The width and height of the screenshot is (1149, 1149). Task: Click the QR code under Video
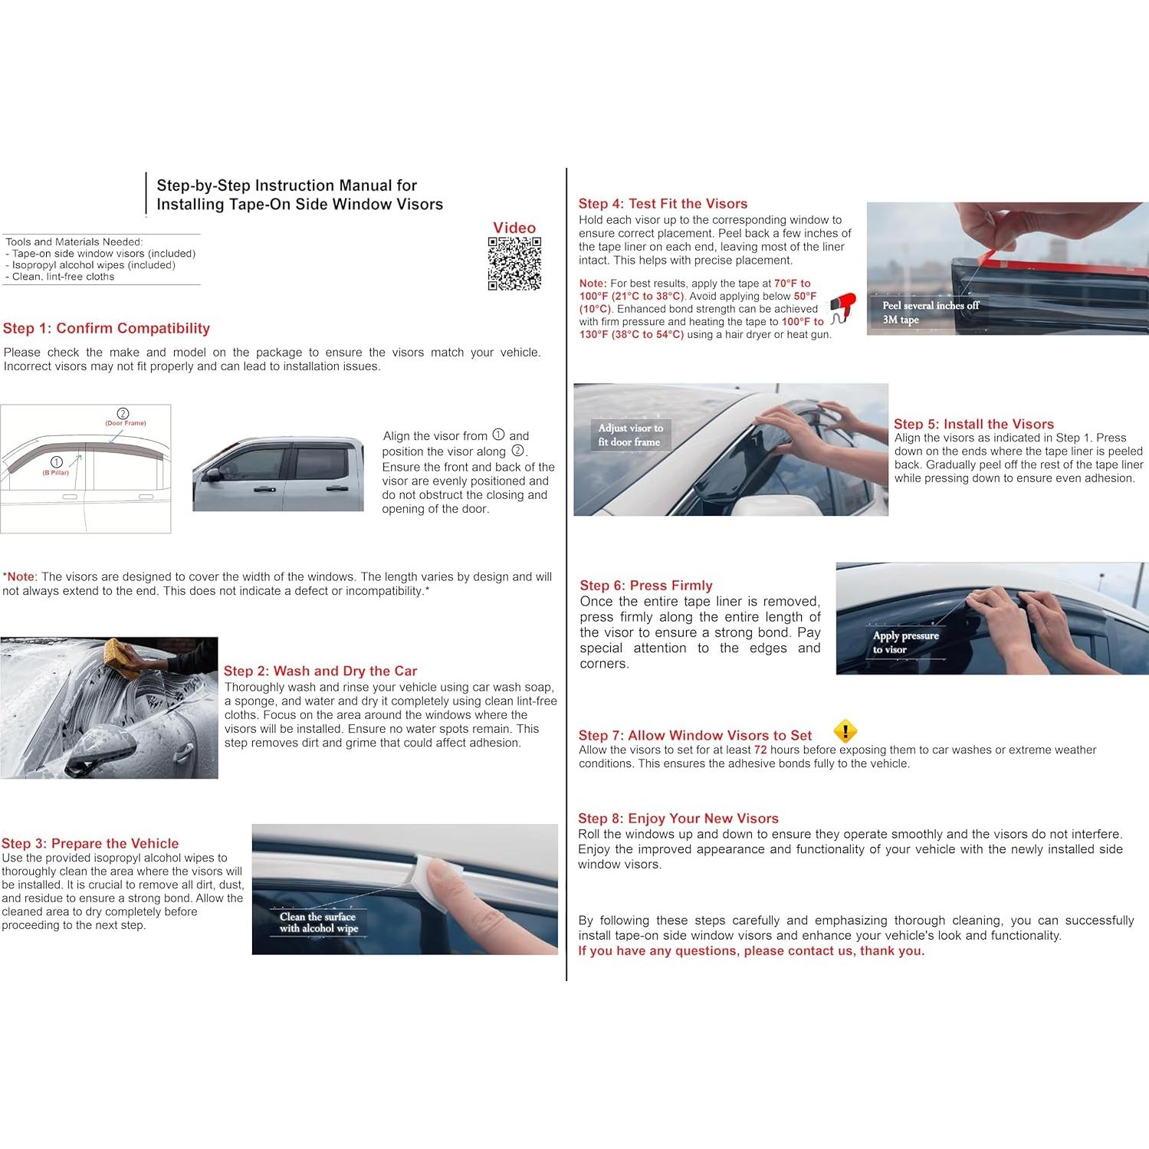click(514, 264)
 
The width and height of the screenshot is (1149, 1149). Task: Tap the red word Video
click(514, 228)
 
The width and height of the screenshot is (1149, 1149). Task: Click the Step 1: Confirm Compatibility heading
click(107, 328)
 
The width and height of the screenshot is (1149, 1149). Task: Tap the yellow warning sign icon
click(845, 731)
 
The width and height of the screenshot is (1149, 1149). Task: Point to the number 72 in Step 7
click(760, 750)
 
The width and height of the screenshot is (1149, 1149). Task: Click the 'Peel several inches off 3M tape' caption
click(930, 312)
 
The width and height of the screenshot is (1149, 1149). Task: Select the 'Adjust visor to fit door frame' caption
click(630, 435)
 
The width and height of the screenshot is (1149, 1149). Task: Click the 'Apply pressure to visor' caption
click(905, 642)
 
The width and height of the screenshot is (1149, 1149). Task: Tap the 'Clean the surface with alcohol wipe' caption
click(318, 922)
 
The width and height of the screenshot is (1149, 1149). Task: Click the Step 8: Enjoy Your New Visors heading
click(678, 818)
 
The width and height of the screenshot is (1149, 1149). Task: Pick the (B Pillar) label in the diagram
click(56, 472)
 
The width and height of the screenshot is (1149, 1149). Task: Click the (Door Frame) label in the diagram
click(125, 423)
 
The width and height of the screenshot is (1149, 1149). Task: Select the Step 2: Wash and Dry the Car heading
click(320, 671)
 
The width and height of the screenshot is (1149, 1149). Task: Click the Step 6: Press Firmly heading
click(645, 585)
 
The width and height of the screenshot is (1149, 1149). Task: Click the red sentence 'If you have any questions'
click(751, 950)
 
